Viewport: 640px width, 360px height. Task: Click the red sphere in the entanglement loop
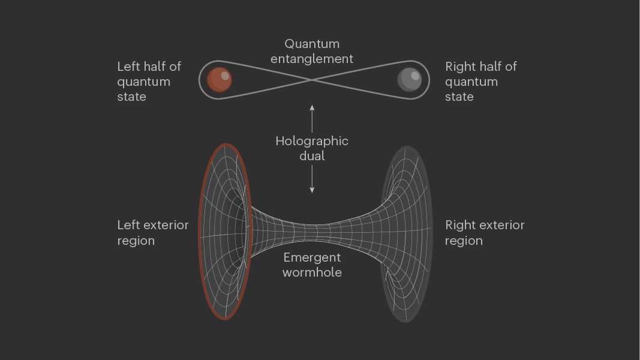click(x=220, y=80)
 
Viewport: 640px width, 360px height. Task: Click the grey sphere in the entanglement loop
click(x=410, y=79)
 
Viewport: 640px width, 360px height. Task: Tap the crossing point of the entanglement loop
click(x=312, y=79)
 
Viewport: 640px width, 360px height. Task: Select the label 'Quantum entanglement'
click(x=312, y=51)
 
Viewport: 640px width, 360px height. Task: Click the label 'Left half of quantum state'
click(x=149, y=81)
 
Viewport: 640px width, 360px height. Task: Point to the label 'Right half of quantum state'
click(x=480, y=81)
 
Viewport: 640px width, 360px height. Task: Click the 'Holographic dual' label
click(x=312, y=148)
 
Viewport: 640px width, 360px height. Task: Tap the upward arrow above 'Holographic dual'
click(x=312, y=117)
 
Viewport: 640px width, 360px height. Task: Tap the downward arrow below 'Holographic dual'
click(x=312, y=180)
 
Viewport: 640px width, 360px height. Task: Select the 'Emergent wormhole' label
click(x=312, y=265)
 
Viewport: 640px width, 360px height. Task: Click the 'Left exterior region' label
click(x=153, y=233)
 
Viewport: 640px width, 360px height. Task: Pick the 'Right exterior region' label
click(x=485, y=233)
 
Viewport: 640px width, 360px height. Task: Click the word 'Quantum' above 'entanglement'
click(x=312, y=44)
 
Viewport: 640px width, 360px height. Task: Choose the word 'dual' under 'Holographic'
click(x=312, y=156)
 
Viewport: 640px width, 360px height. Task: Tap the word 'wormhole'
click(x=312, y=272)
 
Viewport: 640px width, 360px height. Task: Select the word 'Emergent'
click(x=312, y=257)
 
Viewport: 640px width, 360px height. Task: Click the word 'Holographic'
click(x=312, y=141)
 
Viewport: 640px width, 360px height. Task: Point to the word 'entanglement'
click(x=312, y=59)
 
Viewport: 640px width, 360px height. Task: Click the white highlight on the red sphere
click(x=225, y=76)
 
